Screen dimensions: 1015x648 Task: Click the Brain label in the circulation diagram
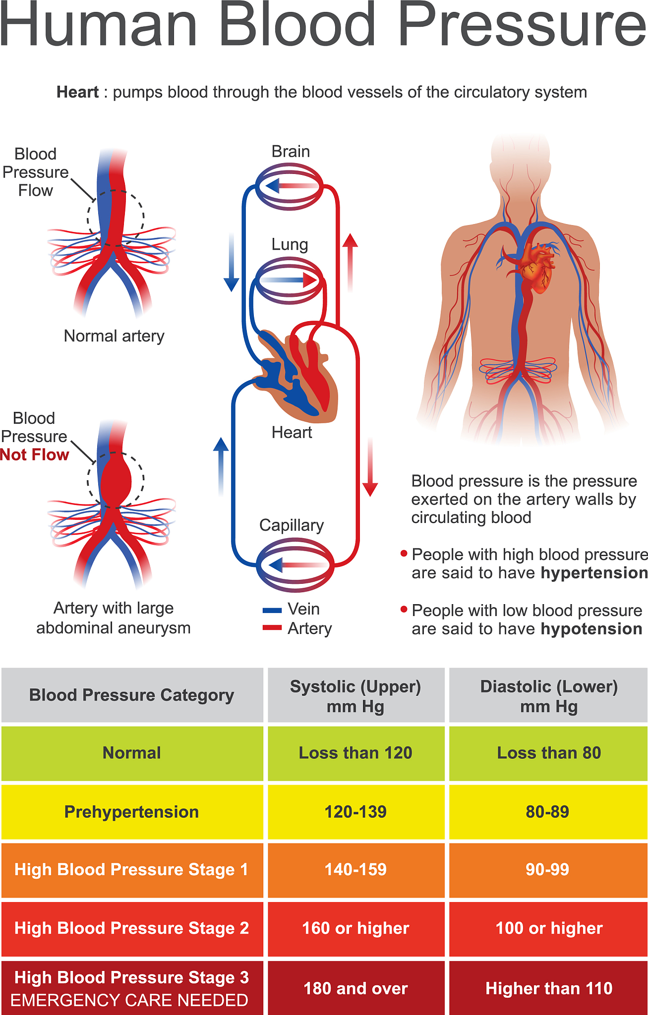(x=291, y=152)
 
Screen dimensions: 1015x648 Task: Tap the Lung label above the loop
(x=290, y=244)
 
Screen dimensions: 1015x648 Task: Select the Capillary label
(x=292, y=525)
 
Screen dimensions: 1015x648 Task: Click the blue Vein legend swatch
(x=272, y=610)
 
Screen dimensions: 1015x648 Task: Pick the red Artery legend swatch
(x=272, y=628)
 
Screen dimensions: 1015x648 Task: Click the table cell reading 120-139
(x=355, y=812)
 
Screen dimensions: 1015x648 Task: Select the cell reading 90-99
(x=547, y=869)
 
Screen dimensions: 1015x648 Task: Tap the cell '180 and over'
(x=355, y=988)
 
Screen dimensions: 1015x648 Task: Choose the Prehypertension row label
(x=131, y=812)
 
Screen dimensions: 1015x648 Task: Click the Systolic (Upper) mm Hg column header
(x=355, y=695)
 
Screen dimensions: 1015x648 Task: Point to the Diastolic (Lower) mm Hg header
(x=549, y=695)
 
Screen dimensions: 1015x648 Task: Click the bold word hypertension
(x=594, y=573)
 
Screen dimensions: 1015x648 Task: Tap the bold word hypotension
(x=591, y=629)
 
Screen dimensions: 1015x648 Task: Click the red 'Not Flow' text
(x=35, y=455)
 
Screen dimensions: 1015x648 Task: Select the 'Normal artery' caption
(x=114, y=336)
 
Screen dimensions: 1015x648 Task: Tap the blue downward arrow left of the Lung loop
(x=231, y=263)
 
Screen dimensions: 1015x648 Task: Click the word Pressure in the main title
(x=522, y=25)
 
